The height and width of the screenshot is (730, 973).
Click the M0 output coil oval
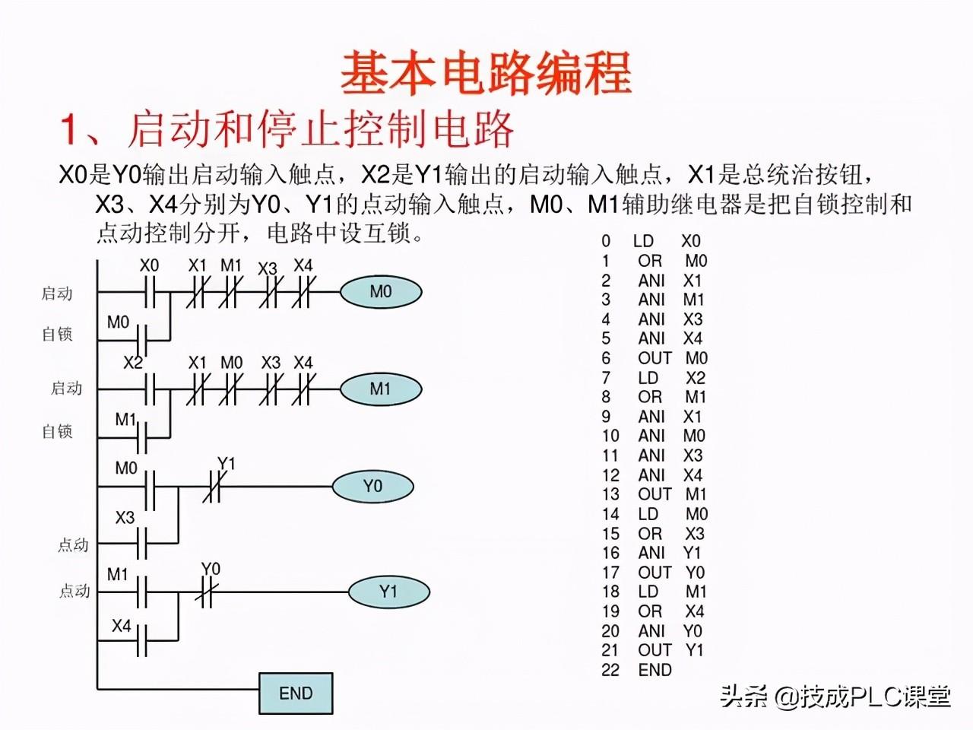[x=380, y=292]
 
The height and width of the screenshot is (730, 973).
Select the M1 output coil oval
[x=380, y=389]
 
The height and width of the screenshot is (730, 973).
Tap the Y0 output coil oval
[x=372, y=487]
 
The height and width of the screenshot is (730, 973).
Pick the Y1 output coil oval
[x=388, y=592]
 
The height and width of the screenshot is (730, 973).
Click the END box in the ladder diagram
[x=296, y=693]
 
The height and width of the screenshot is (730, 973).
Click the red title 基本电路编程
[x=486, y=74]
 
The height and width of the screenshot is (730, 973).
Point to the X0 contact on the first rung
[x=150, y=292]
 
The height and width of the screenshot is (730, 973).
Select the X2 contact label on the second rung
[x=133, y=363]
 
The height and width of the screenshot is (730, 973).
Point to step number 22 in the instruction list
[x=610, y=670]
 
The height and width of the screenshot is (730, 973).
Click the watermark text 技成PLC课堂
[x=874, y=696]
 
